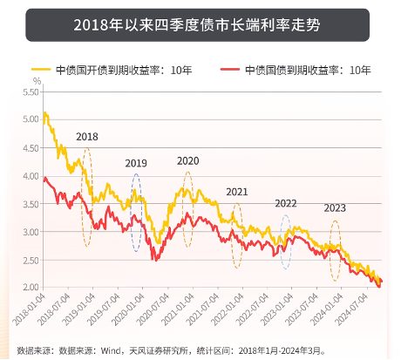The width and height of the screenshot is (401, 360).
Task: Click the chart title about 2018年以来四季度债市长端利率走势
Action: tap(200, 25)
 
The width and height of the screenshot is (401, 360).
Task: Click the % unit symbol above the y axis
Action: tap(36, 81)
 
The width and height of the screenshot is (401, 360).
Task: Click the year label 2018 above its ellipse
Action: tap(87, 137)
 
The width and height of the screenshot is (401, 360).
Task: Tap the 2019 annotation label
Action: tap(136, 163)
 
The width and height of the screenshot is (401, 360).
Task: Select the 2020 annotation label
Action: tap(187, 161)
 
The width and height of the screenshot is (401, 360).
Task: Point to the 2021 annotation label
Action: tap(237, 192)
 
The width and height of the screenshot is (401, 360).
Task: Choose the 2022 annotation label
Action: tap(286, 203)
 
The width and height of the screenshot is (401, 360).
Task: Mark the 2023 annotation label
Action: tap(336, 208)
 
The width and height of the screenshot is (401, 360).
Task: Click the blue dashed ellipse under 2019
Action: tap(136, 213)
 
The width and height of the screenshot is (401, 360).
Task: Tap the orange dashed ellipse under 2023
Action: tap(336, 250)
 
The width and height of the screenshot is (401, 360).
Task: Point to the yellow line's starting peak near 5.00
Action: tap(44, 113)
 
